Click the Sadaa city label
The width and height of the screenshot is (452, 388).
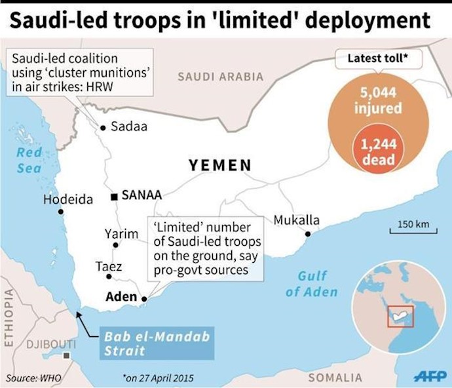click(129, 126)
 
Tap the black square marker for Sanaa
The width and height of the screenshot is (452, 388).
click(115, 196)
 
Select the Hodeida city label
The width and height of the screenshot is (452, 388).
click(68, 199)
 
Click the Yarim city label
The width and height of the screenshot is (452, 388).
click(121, 233)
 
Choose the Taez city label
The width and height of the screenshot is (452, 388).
click(109, 267)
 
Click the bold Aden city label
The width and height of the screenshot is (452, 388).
click(121, 297)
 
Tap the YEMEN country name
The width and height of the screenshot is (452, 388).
click(220, 165)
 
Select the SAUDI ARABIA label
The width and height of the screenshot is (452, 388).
click(220, 77)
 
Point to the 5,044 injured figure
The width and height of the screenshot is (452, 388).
click(378, 100)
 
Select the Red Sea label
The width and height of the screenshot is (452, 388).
click(29, 161)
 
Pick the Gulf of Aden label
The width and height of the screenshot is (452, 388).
click(312, 284)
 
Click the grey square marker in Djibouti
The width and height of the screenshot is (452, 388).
click(67, 356)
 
